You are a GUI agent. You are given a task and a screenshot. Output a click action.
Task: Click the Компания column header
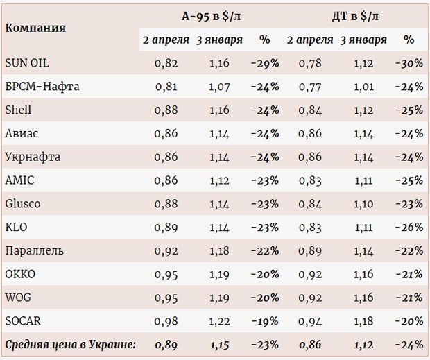pyautogui.click(x=36, y=28)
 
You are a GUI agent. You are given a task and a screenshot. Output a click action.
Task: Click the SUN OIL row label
pyautogui.click(x=26, y=63)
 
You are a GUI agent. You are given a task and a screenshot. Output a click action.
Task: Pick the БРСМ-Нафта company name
pyautogui.click(x=42, y=87)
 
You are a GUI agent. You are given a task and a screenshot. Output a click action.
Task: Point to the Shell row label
pyautogui.click(x=19, y=110)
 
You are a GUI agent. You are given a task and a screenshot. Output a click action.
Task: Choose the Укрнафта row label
pyautogui.click(x=33, y=157)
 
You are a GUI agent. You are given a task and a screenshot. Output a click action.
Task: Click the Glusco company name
pyautogui.click(x=23, y=204)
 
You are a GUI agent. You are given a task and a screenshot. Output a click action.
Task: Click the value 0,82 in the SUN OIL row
pyautogui.click(x=166, y=63)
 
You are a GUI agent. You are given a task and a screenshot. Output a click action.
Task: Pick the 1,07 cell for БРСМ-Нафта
pyautogui.click(x=219, y=87)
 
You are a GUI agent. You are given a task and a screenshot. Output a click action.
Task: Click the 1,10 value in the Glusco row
pyautogui.click(x=363, y=204)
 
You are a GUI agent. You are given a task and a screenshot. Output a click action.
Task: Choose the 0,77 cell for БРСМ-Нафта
pyautogui.click(x=310, y=87)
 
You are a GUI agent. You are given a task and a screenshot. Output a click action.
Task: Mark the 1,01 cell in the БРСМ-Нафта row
pyautogui.click(x=363, y=87)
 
